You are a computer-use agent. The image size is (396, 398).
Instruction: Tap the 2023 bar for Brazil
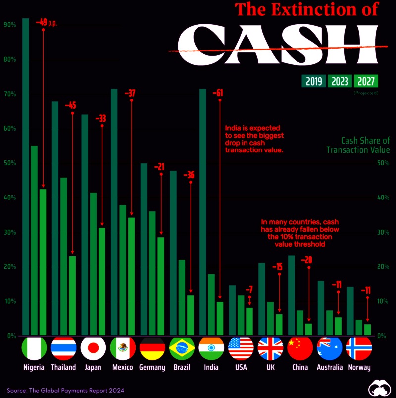[x=182, y=298]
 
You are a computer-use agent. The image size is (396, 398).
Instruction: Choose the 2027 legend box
[x=366, y=81]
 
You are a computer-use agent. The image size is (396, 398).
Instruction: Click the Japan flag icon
[x=93, y=348]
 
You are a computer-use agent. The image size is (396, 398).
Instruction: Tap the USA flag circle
[x=241, y=348]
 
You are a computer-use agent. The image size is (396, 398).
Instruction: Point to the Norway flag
[x=359, y=348]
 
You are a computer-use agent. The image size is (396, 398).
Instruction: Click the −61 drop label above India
[x=218, y=93]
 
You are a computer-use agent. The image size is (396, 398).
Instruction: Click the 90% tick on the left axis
[x=9, y=25]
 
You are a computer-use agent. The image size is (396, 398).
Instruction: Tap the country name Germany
[x=152, y=367]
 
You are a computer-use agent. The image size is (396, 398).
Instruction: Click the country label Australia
[x=330, y=367]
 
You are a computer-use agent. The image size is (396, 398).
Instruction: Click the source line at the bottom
[x=66, y=391]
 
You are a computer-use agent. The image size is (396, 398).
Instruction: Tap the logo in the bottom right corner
[x=381, y=388]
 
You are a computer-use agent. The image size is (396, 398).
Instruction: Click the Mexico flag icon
[x=122, y=348]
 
